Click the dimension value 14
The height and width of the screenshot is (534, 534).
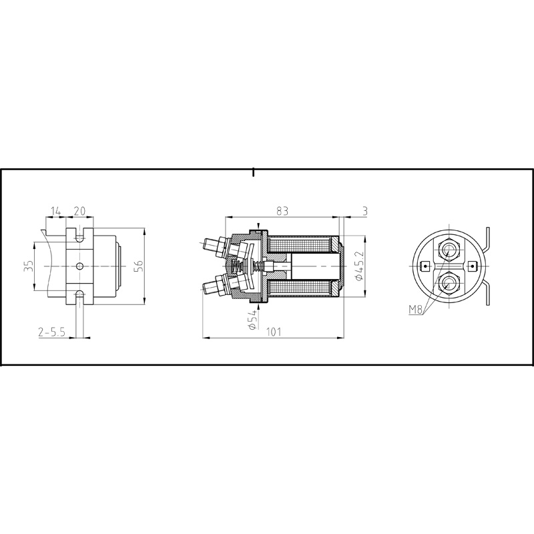click(55, 211)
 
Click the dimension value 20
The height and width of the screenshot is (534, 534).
click(79, 211)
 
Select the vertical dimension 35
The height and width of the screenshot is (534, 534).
click(28, 266)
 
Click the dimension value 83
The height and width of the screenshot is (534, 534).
click(282, 211)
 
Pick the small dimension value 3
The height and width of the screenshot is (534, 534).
click(364, 211)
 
